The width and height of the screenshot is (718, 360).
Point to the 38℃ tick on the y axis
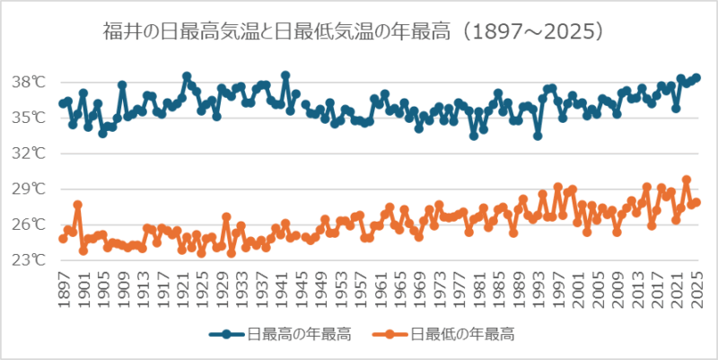28,83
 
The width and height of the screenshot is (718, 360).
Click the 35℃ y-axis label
28,118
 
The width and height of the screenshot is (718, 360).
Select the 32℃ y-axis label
28,154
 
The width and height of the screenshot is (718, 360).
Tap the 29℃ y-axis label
28,189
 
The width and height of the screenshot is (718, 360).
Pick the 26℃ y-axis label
28,224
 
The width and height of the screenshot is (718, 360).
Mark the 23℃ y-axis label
28,260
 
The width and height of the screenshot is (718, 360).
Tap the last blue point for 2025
696,78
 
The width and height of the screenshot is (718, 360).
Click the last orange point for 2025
696,202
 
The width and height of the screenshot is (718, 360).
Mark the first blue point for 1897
63,103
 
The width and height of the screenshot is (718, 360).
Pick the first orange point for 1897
63,239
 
